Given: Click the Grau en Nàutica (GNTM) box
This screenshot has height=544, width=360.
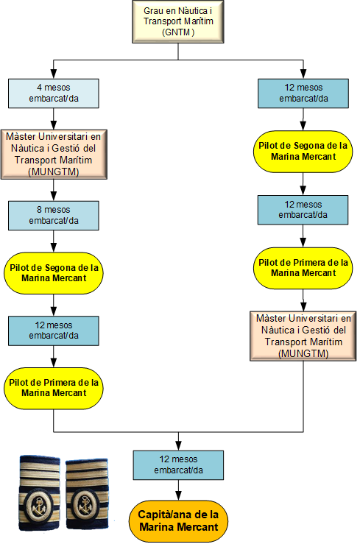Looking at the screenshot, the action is tap(178, 21).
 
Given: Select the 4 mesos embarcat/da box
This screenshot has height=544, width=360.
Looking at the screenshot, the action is tap(54, 93).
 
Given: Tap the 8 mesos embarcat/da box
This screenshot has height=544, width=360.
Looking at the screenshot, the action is tap(54, 216).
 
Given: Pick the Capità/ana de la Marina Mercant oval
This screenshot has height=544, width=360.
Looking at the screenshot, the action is tap(178, 520).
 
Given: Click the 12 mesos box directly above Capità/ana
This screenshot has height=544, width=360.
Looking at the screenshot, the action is tap(178, 465).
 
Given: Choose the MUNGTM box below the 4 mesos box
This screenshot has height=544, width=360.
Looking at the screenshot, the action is tap(54, 155).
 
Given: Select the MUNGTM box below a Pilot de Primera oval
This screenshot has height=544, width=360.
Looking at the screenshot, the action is tap(303, 336).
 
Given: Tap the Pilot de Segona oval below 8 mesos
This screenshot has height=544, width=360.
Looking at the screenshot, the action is tap(54, 273).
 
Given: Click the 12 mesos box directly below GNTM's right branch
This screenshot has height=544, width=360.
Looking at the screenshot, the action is tap(303, 93).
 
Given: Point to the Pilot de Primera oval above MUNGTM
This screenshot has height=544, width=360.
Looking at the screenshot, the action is tap(303, 268).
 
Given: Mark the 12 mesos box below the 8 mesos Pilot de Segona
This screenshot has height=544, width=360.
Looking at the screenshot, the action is tap(54, 331).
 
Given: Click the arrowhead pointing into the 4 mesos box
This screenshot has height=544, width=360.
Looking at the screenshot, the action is tap(54, 74).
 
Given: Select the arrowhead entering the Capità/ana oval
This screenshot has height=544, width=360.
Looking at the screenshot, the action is tap(178, 495).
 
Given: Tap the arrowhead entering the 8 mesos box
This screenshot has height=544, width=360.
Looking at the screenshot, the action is tap(54, 196).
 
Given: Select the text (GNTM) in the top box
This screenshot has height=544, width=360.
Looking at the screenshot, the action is tap(178, 32).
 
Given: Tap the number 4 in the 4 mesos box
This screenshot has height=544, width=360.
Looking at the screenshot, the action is tap(39, 88).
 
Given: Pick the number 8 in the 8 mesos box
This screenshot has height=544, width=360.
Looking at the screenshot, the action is tap(40, 210).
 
